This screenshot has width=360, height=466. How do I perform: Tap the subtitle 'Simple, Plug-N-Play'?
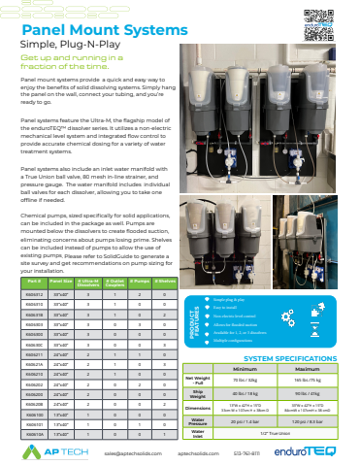[x=68, y=56]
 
